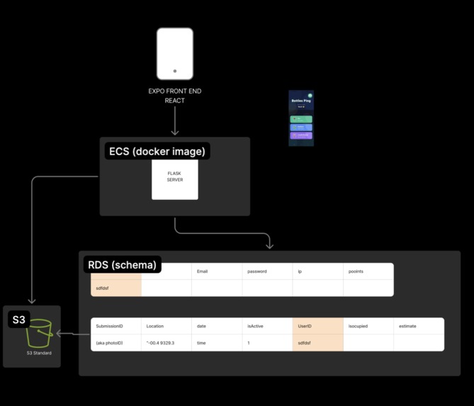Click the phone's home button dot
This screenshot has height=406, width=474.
click(175, 71)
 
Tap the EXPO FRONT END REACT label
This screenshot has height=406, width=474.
click(174, 96)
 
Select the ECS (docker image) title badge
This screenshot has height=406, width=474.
click(157, 151)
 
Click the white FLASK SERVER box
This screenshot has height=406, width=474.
click(175, 179)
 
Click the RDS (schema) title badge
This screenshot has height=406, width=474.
click(122, 265)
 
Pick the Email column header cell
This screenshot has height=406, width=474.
click(217, 271)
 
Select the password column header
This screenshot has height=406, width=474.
click(267, 271)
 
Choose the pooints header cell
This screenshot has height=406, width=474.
click(368, 271)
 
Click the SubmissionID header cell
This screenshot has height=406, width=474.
click(115, 326)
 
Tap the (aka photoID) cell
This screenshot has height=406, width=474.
click(115, 342)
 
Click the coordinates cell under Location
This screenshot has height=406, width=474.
click(166, 342)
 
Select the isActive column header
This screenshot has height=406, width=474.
click(267, 326)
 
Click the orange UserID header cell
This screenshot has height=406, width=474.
click(317, 326)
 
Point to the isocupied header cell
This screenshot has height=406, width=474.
click(368, 326)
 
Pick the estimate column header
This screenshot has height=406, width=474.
click(418, 326)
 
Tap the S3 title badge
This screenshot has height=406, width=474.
click(19, 320)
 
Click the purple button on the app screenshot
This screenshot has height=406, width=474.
click(301, 135)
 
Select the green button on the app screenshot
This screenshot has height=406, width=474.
click(301, 119)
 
